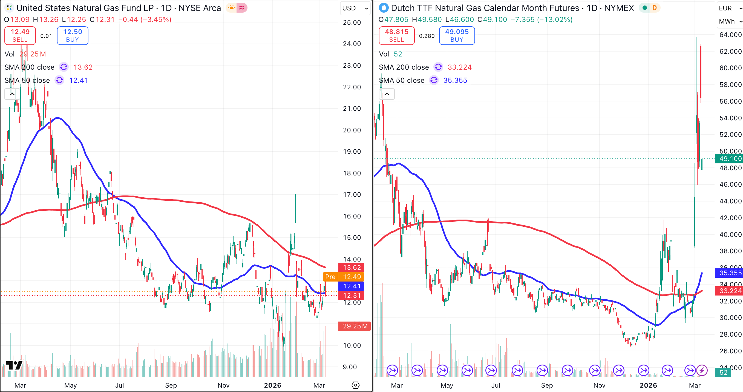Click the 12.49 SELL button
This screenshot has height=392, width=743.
[x=20, y=36]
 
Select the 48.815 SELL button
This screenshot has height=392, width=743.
[x=396, y=36]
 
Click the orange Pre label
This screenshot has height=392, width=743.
[x=330, y=277]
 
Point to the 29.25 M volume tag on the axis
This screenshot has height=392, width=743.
[x=355, y=326]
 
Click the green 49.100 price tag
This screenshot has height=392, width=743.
[x=729, y=159]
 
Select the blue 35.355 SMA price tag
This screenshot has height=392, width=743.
[x=729, y=273]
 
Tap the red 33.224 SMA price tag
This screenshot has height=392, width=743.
[x=729, y=291]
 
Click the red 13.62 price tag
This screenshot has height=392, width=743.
[x=352, y=268]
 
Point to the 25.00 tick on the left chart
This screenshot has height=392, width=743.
[x=352, y=22]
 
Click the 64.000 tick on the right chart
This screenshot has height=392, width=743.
[x=730, y=35]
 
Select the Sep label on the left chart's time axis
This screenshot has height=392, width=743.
[x=171, y=385]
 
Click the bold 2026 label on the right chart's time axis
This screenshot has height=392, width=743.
[x=648, y=385]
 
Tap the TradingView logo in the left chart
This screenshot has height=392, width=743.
[x=14, y=365]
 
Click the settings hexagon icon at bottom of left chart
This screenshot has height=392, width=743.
[x=355, y=385]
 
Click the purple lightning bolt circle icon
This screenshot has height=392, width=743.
[x=702, y=370]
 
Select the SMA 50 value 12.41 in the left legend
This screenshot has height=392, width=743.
[x=79, y=80]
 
